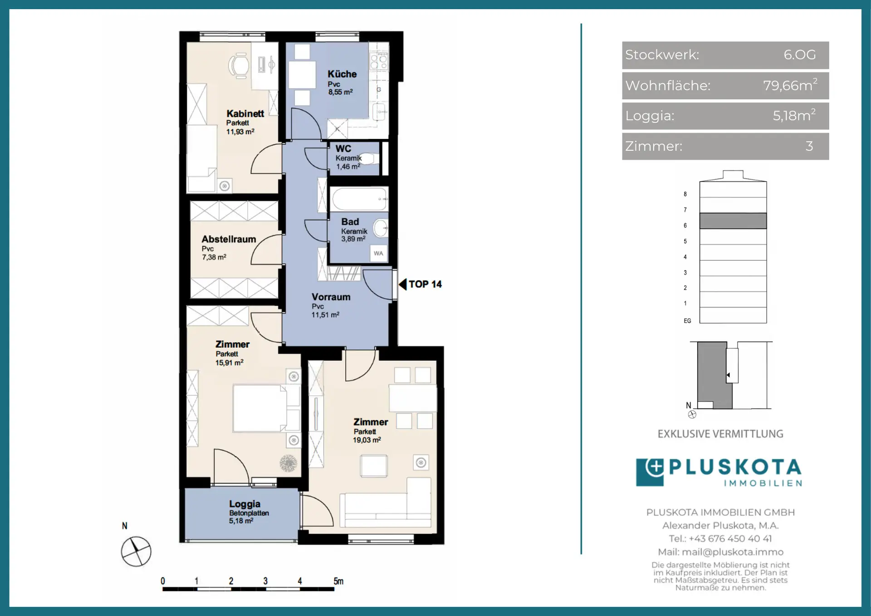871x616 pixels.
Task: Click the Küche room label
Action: coord(342,74)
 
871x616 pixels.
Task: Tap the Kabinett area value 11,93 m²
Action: coord(240,132)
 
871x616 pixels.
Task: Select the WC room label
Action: coord(343,148)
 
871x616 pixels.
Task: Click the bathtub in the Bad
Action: coord(359,199)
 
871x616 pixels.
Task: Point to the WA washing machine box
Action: coord(378,253)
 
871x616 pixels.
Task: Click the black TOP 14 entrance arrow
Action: coord(402,284)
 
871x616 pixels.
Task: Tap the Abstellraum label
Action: coord(229,239)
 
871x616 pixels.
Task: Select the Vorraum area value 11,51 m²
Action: coord(325,315)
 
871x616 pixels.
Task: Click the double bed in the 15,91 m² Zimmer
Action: coord(260,408)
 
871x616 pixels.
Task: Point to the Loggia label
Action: coord(245,504)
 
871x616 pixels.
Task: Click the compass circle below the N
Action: coord(136,552)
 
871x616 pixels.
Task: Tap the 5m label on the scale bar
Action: coord(338,581)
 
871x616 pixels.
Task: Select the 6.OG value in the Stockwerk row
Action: coord(799,54)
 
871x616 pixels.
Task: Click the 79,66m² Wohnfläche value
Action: coord(790,85)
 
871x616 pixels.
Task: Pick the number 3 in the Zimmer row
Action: coord(809,146)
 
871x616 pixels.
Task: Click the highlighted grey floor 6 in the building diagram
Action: coord(733,221)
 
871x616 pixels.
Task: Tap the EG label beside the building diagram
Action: coord(687,321)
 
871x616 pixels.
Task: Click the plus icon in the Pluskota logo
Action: coord(654,468)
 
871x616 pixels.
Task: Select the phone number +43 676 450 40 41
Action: coord(730,539)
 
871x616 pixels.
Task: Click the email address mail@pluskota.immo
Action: coord(732,552)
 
